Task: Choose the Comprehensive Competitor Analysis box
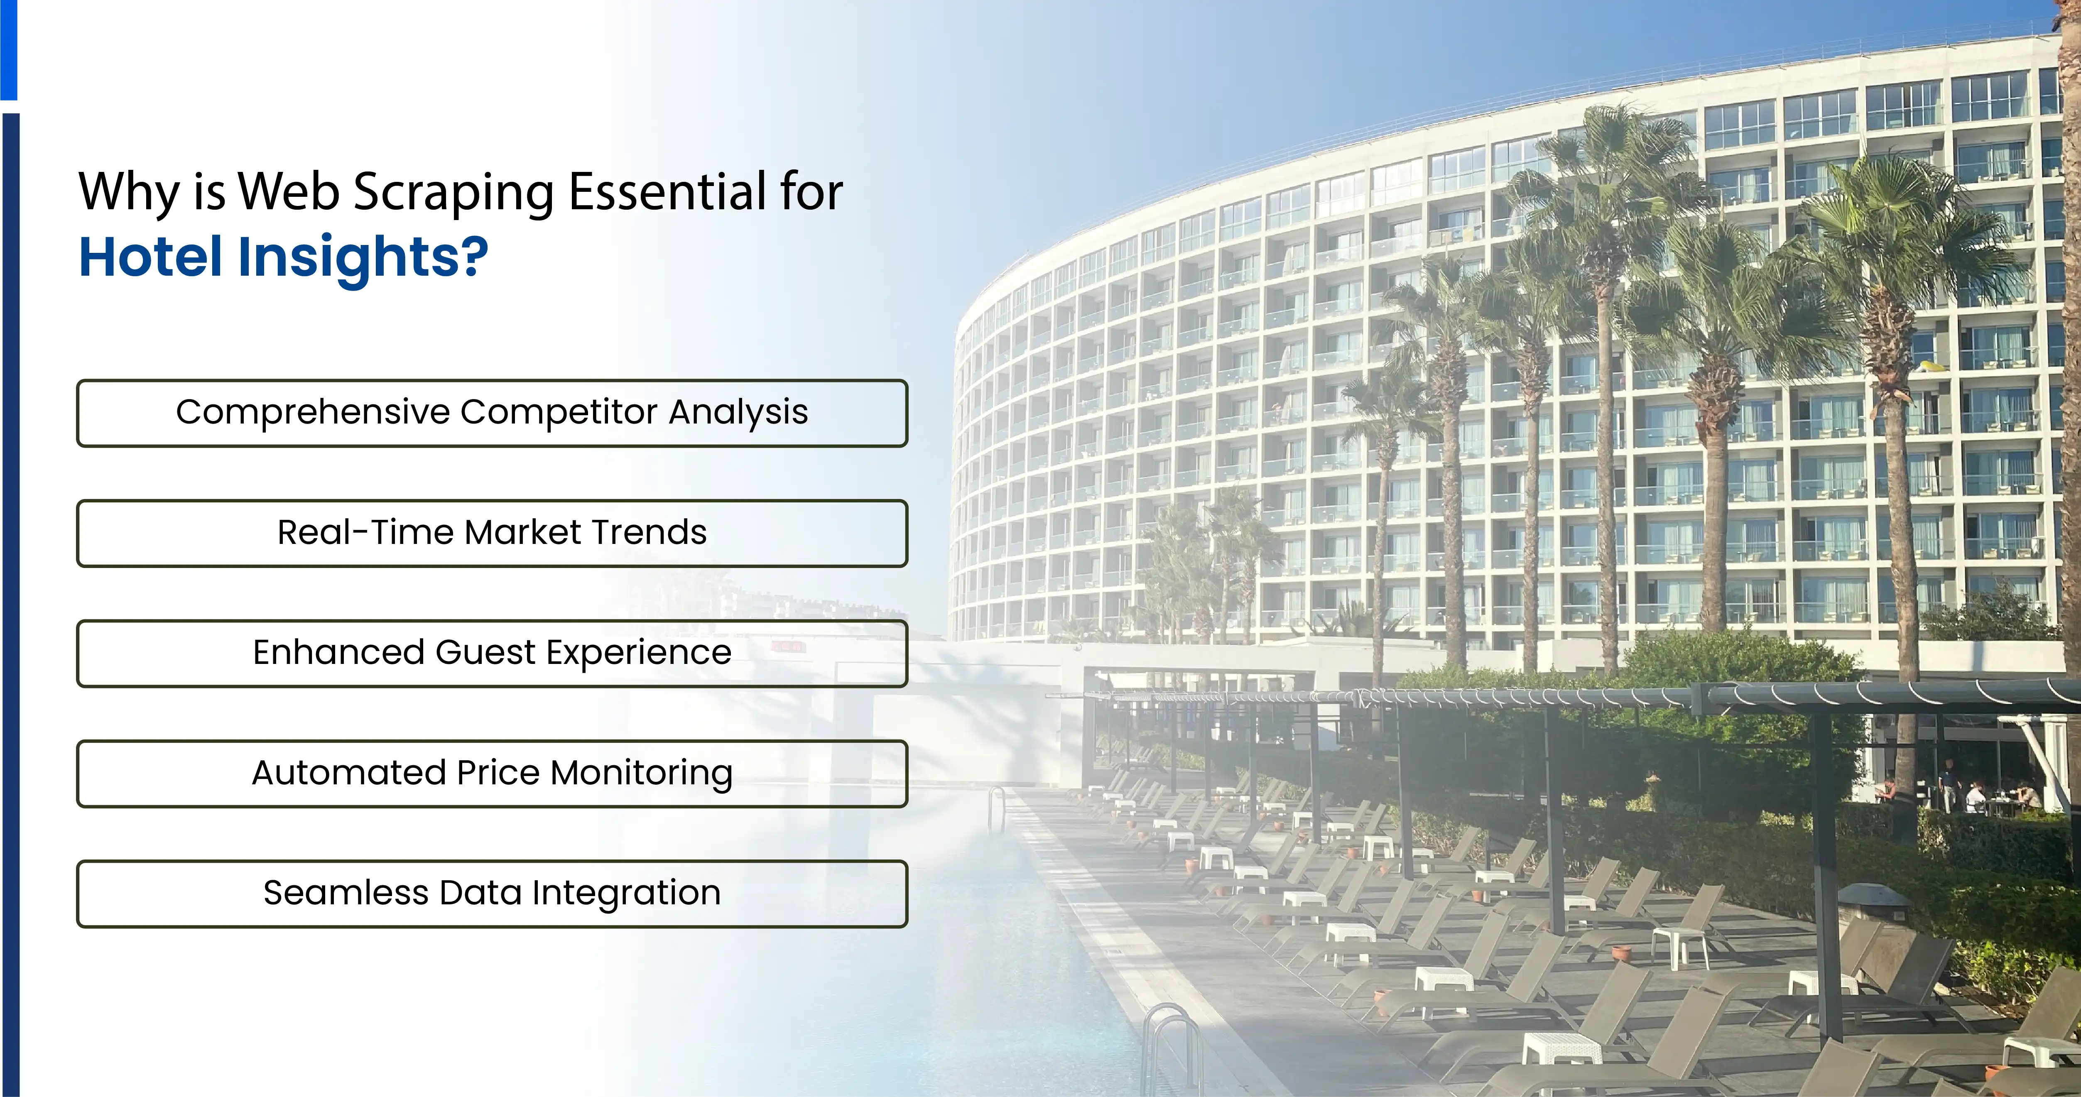tap(492, 413)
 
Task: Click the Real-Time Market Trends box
tap(492, 533)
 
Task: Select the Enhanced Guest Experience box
tap(492, 654)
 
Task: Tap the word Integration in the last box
tap(626, 894)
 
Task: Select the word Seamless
tap(346, 894)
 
